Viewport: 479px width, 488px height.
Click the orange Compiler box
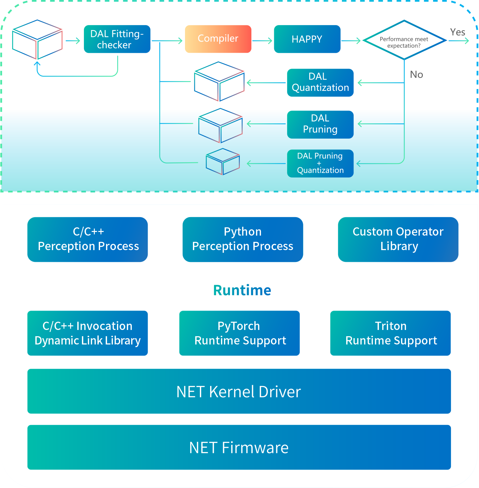coord(218,39)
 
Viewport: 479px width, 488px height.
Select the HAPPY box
coord(307,39)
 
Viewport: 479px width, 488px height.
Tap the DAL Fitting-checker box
coord(117,39)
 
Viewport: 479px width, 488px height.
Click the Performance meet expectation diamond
coord(404,41)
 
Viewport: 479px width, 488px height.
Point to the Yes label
coord(457,32)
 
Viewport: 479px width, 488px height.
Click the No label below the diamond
coord(416,75)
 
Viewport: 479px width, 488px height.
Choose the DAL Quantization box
coord(320,82)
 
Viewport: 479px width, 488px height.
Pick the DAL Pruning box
coord(320,124)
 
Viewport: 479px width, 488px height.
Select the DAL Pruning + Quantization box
coord(320,163)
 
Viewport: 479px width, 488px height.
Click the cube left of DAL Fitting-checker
coord(37,40)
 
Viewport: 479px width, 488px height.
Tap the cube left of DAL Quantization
coord(219,81)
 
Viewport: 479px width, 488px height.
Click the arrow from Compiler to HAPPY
coord(262,41)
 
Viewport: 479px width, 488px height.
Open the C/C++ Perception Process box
coord(88,239)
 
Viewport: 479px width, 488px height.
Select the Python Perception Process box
coord(242,239)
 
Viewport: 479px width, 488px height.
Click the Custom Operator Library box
coord(398,239)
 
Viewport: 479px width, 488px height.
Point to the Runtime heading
coord(242,290)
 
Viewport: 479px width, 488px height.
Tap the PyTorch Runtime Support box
coord(240,333)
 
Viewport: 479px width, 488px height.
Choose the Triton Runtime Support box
coord(390,333)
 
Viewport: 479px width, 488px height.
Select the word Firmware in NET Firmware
coord(255,448)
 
